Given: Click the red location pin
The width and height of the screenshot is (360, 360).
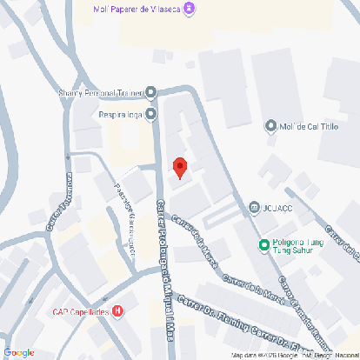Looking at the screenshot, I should point(180,167).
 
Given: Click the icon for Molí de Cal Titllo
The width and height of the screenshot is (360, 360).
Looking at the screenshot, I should point(270,126).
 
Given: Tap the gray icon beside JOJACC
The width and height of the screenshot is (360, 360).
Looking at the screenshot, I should point(254,207).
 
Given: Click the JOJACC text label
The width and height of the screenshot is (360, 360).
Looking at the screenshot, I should point(277,207).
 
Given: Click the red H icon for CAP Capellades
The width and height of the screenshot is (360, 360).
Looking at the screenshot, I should point(117,310).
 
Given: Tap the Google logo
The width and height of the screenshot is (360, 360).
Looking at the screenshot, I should point(18,352).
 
